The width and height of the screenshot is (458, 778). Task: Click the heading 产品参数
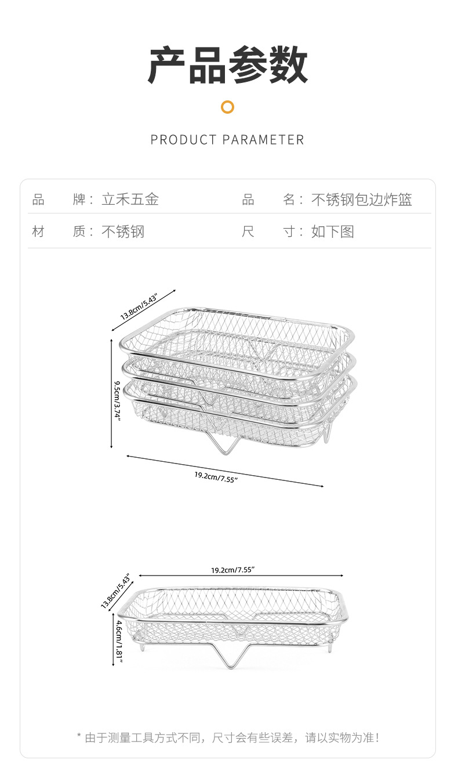[x=228, y=65]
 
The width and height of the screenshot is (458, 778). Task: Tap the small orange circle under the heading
[x=228, y=107]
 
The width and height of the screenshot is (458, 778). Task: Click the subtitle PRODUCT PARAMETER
[x=227, y=140]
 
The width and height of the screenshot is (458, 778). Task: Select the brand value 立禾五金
[x=130, y=200]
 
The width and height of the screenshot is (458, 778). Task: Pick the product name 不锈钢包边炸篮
[x=362, y=200]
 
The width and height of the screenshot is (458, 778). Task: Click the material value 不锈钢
[x=123, y=232]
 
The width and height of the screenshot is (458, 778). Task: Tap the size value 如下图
[x=332, y=232]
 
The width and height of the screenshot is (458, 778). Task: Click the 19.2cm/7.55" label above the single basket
[x=232, y=570]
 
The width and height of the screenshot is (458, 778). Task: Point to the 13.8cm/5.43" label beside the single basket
[x=115, y=592]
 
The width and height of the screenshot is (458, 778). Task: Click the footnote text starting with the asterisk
[x=228, y=738]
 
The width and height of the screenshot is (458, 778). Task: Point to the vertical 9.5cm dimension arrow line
[x=111, y=394]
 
